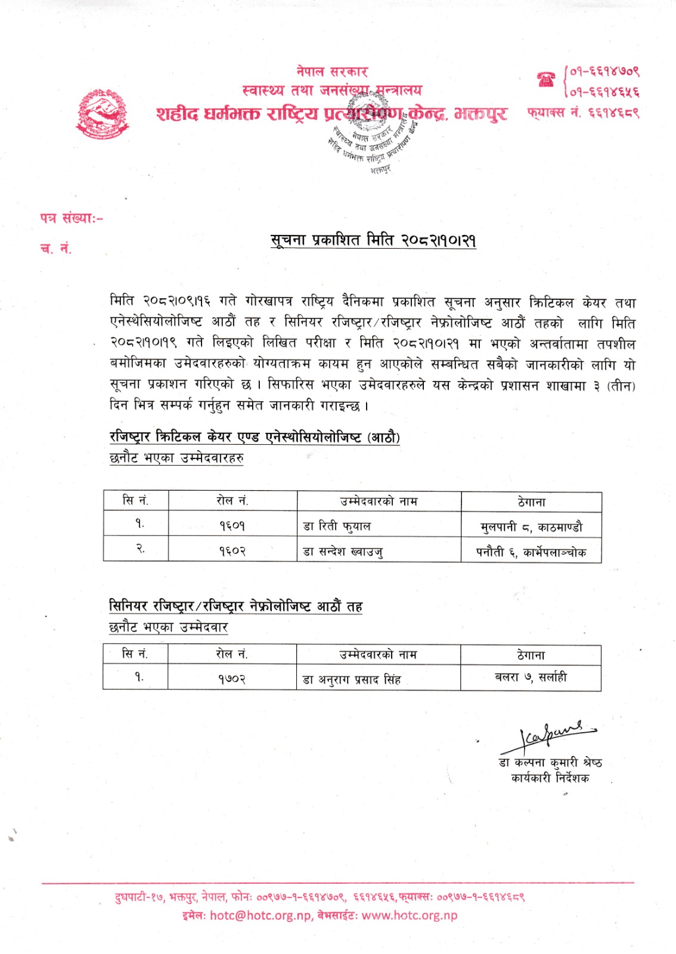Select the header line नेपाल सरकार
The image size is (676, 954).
click(332, 72)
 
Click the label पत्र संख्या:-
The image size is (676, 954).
click(72, 219)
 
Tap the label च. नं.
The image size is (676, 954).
click(56, 249)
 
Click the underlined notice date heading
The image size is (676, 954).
click(373, 240)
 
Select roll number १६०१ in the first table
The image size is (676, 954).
click(232, 525)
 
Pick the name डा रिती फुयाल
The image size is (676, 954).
click(337, 526)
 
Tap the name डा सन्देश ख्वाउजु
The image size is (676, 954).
click(343, 552)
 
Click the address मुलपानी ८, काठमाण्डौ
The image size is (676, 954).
click(531, 526)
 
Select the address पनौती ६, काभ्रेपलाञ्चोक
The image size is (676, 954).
click(531, 552)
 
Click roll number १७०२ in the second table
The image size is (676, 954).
click(231, 679)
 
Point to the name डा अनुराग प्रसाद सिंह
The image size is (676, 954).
click(352, 679)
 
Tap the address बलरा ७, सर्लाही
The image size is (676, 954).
click(531, 677)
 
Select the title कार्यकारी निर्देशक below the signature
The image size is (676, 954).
click(550, 778)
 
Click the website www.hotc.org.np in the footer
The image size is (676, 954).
click(409, 915)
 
